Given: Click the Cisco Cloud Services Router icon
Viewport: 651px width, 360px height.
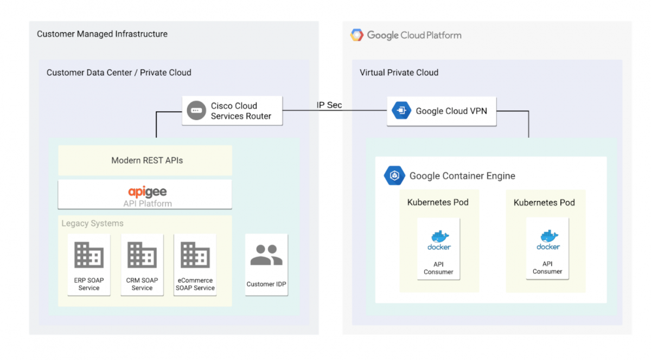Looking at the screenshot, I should (x=195, y=111).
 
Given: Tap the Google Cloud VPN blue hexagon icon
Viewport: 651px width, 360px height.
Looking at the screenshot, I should (x=401, y=111).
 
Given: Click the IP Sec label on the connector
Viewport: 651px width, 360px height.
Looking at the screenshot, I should (x=329, y=105).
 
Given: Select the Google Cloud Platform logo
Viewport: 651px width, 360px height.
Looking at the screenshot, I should (x=357, y=35).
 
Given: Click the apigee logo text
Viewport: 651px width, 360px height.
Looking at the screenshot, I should (x=147, y=191).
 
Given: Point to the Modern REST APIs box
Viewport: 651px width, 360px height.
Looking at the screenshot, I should (x=145, y=160).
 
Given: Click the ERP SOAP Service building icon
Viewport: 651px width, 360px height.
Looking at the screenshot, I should (x=89, y=255).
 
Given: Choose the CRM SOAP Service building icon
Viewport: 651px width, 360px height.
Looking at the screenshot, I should (x=142, y=255).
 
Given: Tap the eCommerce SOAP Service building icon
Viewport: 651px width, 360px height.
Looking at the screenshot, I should (x=195, y=255).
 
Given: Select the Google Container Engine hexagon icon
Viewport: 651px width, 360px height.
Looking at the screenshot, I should (x=394, y=176).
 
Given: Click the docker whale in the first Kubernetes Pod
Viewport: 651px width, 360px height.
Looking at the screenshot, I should (x=439, y=237).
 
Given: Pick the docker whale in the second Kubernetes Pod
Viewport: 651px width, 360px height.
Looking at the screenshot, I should (x=548, y=237).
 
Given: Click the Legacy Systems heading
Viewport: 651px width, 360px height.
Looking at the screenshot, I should (x=92, y=223).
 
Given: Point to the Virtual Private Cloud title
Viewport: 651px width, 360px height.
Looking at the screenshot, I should (x=399, y=73).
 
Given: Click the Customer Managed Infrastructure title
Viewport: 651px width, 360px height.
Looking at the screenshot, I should (x=102, y=34).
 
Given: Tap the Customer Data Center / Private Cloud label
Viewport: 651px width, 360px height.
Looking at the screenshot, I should (x=119, y=73).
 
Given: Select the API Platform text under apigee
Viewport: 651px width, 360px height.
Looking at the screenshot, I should (x=147, y=204).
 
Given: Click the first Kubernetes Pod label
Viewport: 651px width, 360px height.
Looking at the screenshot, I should (x=438, y=202).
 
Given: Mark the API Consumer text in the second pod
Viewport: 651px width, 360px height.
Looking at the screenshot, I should (x=547, y=268).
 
